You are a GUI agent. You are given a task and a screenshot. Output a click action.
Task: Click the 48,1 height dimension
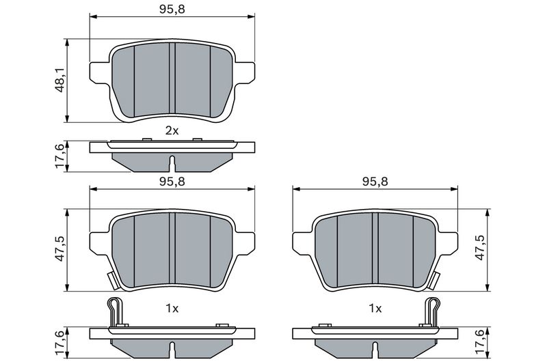pyautogui.click(x=60, y=80)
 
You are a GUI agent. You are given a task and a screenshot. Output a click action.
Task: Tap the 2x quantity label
pyautogui.click(x=172, y=130)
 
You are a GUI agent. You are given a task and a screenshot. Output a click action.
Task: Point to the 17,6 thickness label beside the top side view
pyautogui.click(x=60, y=156)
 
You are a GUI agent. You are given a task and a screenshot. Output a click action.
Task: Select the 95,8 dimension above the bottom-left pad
pyautogui.click(x=172, y=182)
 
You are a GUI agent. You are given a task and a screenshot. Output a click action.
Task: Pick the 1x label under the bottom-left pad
pyautogui.click(x=172, y=309)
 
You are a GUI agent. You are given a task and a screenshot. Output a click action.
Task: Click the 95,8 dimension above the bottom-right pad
pyautogui.click(x=375, y=182)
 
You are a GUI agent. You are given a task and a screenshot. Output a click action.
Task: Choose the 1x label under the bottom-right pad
pyautogui.click(x=375, y=309)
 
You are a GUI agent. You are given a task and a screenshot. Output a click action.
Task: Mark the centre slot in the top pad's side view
pyautogui.click(x=172, y=164)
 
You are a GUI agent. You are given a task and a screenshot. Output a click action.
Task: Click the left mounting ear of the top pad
pyautogui.click(x=98, y=71)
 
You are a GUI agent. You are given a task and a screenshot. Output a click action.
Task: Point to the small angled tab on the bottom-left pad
pyautogui.click(x=109, y=280)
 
